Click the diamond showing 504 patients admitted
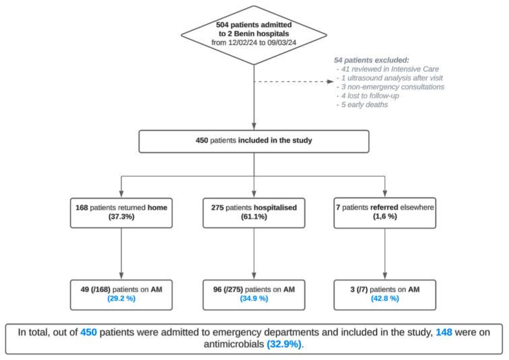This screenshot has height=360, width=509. (254, 31)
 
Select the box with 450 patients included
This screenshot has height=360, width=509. (254, 141)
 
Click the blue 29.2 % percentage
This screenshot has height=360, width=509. (121, 299)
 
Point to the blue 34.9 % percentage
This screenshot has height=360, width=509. (254, 299)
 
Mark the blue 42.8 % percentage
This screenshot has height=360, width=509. (384, 299)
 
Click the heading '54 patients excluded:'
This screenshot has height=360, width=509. (372, 60)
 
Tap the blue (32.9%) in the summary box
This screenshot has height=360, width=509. (283, 344)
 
